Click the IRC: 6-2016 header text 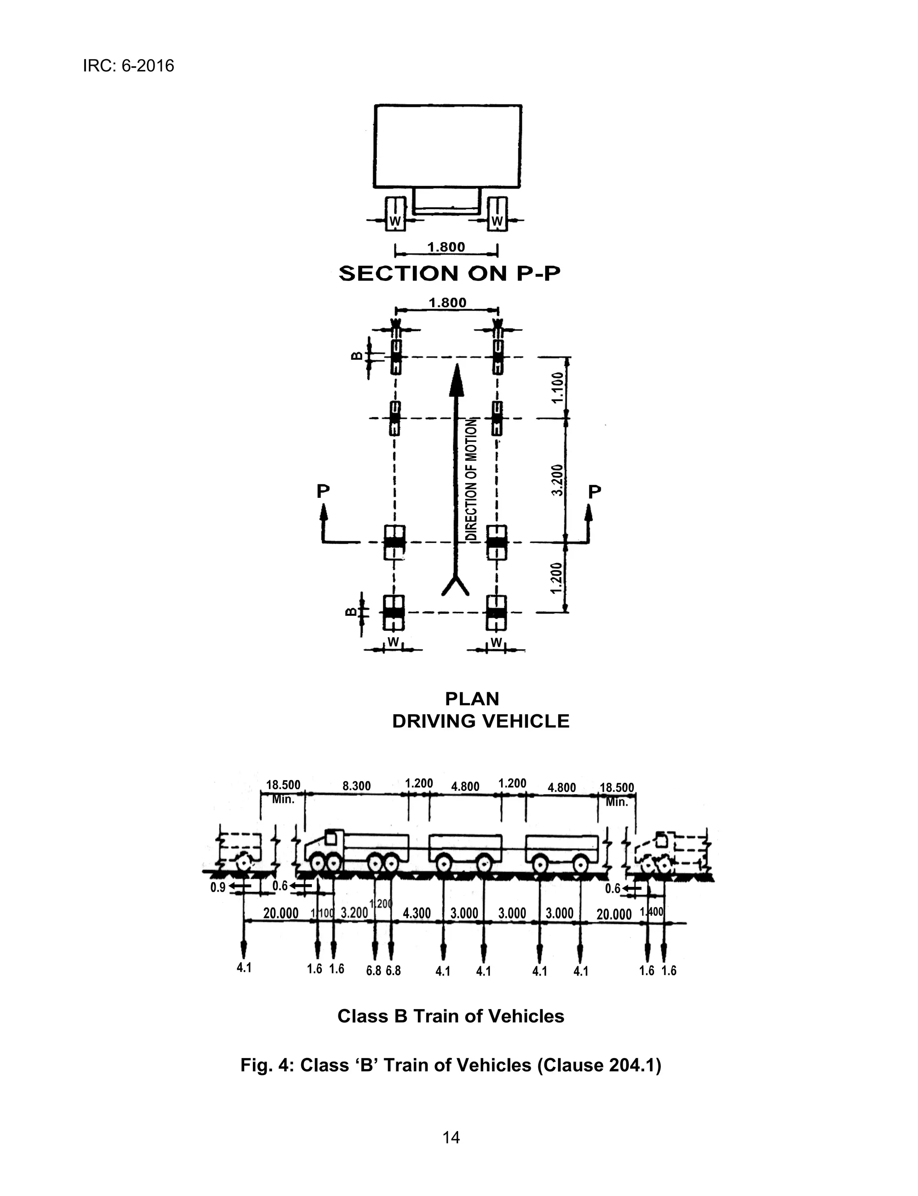[128, 66]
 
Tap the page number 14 [451, 1138]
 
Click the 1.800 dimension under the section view [446, 247]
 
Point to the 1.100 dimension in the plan [557, 387]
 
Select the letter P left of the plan [323, 491]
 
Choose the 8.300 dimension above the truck [356, 786]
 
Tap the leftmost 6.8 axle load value [374, 971]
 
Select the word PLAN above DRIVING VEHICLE [472, 699]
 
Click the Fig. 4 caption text [451, 1065]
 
